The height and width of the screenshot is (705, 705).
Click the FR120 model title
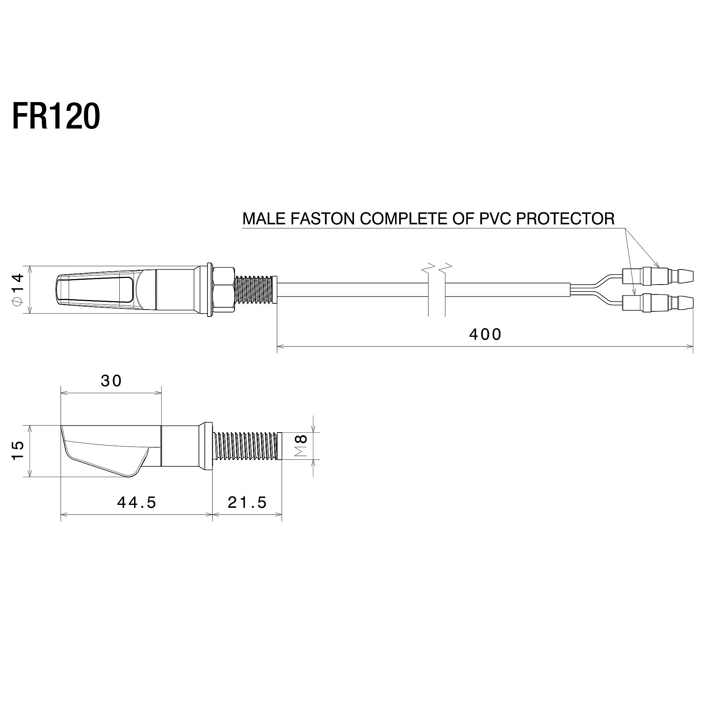[56, 116]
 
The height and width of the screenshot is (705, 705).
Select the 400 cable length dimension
[485, 335]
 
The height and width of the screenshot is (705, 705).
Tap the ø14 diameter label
[17, 290]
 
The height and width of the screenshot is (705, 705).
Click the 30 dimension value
[111, 381]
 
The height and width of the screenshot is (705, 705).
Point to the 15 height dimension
[17, 450]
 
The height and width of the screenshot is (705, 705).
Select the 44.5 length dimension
[137, 502]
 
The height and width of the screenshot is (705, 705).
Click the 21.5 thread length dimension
[247, 502]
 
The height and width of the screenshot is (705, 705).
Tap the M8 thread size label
[301, 446]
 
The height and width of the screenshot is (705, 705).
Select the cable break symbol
[437, 270]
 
